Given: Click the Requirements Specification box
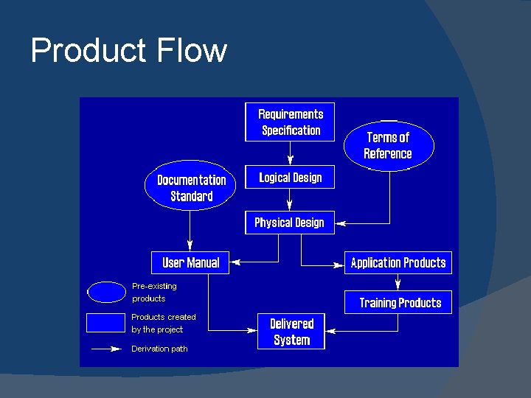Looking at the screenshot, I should coord(290,122).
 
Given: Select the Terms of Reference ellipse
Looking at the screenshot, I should coord(388,145).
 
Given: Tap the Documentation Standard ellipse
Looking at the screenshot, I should coord(191,188).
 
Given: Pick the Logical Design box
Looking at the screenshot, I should coord(290,178).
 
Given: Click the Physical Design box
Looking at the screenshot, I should coord(289,223).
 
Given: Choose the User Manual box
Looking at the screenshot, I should coord(190,262).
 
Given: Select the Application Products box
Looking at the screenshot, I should coord(398,263).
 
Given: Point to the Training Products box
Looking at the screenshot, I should coord(400,303).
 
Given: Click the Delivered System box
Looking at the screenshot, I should coord(291,332).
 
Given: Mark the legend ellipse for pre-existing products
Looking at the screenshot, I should coord(107,293).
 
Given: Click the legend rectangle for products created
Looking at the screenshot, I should coord(106,324).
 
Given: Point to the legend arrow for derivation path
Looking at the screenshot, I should coord(106,349).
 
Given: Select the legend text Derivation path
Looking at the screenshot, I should coord(159,349).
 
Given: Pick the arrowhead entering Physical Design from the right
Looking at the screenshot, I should coord(341,223).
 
